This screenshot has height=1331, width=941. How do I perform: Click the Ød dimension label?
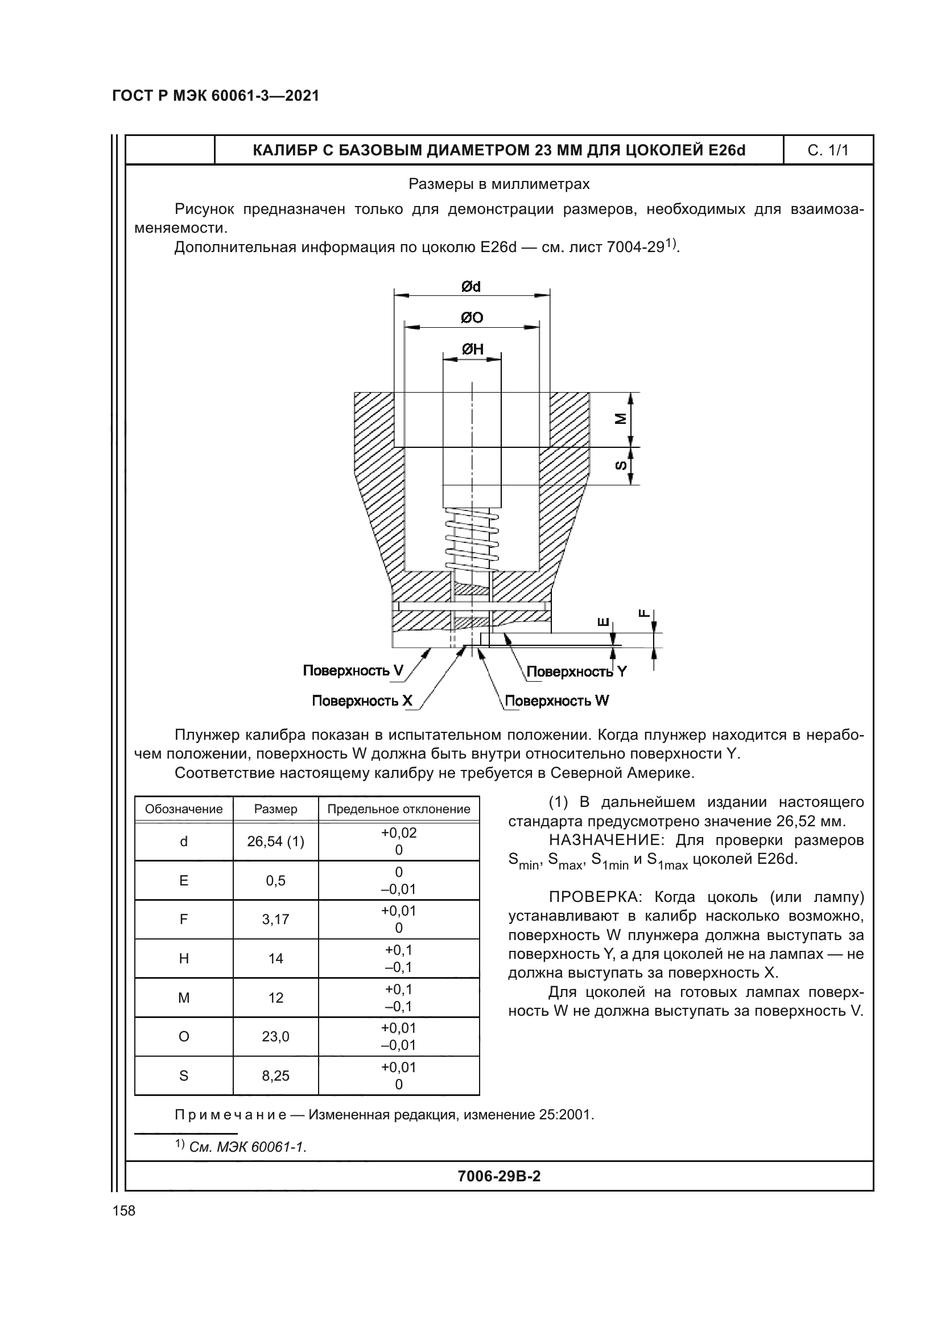tap(471, 286)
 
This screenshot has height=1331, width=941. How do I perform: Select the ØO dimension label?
tap(472, 318)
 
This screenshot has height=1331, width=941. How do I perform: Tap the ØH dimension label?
tap(472, 349)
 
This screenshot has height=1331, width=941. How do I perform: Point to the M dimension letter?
tap(621, 419)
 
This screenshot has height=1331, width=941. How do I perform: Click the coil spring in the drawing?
tap(472, 539)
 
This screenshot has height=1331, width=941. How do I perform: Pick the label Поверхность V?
tap(353, 671)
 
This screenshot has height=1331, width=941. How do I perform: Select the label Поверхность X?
tap(362, 701)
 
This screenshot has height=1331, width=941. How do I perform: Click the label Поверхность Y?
tap(576, 672)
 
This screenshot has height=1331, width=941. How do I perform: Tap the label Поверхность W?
tap(557, 701)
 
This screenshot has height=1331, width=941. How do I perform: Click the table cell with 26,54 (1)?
tap(275, 841)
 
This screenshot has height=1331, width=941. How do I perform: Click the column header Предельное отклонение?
tap(399, 809)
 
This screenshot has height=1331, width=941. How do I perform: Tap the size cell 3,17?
tap(275, 920)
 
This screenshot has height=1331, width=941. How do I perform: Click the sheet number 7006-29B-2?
tap(499, 1176)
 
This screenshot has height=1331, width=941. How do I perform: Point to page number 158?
tap(124, 1210)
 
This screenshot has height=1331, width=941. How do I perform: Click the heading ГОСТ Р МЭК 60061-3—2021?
tap(216, 96)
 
